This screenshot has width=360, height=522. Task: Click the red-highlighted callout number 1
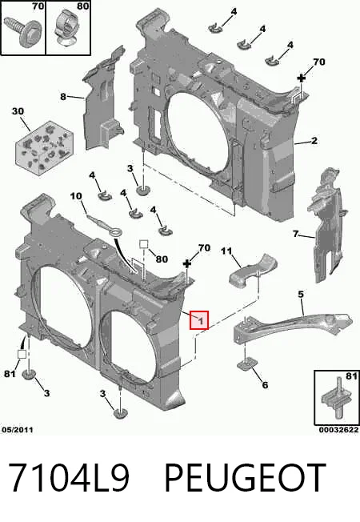[x=199, y=320]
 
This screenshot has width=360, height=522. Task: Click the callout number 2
[x=314, y=140]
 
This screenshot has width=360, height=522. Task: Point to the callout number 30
[x=18, y=110]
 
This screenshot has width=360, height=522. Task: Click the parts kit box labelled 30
[x=44, y=147]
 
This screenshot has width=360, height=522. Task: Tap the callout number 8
[x=63, y=97]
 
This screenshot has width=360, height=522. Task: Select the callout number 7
[x=296, y=234]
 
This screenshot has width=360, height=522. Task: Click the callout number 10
[x=76, y=195]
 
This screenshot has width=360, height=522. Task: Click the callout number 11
[x=226, y=251]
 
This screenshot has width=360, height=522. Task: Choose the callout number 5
[x=301, y=295]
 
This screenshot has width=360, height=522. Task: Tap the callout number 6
[x=265, y=385]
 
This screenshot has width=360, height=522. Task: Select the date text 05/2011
[x=18, y=430]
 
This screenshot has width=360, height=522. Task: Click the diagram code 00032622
[x=338, y=430]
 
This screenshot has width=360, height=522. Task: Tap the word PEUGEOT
[x=246, y=477]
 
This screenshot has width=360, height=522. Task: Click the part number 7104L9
[x=68, y=477]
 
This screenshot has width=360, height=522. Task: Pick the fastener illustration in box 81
[x=337, y=398]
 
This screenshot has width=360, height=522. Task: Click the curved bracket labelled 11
[x=253, y=270]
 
